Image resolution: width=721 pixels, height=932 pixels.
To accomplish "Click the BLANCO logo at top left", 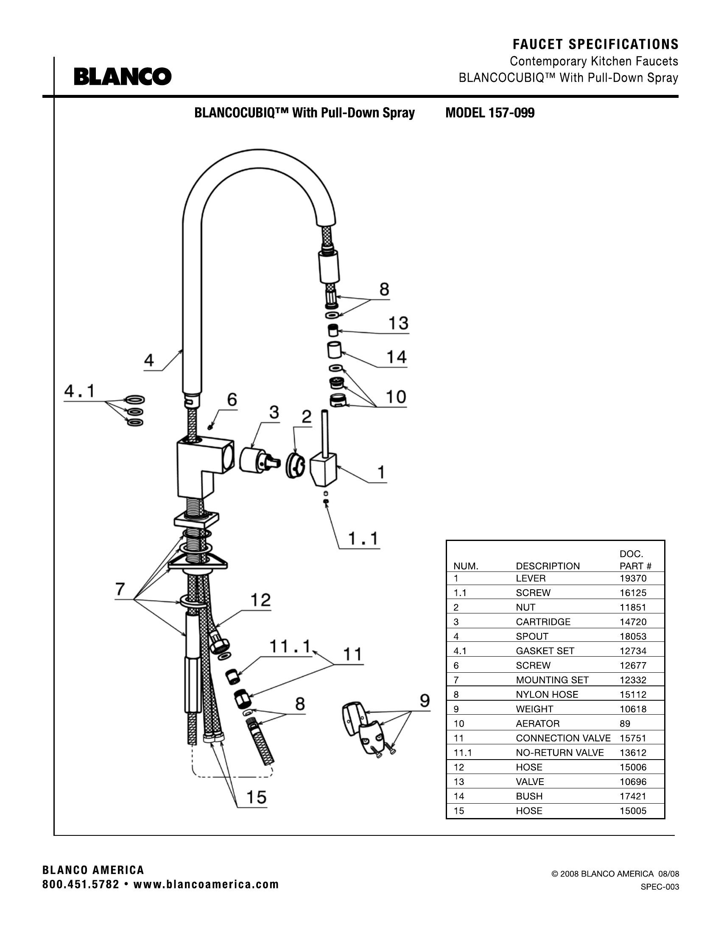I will (123, 76).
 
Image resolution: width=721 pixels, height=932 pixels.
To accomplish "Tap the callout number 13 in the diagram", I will (398, 323).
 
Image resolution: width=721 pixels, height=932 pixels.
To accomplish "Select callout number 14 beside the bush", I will (397, 357).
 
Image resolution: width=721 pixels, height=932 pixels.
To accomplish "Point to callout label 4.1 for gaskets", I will (80, 391).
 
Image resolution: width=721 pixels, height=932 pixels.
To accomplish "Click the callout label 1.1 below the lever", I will (363, 538).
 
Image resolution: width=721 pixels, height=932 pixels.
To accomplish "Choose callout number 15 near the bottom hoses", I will (256, 797).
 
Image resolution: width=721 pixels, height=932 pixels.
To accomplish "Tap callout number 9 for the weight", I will (425, 701).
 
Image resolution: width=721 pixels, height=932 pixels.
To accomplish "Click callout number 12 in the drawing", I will (260, 600).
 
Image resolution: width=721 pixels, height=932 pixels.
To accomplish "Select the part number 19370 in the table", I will (633, 578).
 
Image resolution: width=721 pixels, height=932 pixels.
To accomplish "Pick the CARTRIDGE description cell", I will (543, 622).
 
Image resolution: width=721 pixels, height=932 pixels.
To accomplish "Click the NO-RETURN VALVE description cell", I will (559, 753).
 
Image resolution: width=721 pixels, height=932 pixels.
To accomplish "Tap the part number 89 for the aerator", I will (625, 723).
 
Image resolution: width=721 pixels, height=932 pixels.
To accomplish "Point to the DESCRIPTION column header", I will (548, 566).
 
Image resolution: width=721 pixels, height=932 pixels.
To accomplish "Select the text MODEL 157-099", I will (489, 113).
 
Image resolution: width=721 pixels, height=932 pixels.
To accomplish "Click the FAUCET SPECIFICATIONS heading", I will (595, 44).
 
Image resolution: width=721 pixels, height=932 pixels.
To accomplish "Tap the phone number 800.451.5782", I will (81, 885).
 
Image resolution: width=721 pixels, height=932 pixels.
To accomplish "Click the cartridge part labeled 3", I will (256, 460).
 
